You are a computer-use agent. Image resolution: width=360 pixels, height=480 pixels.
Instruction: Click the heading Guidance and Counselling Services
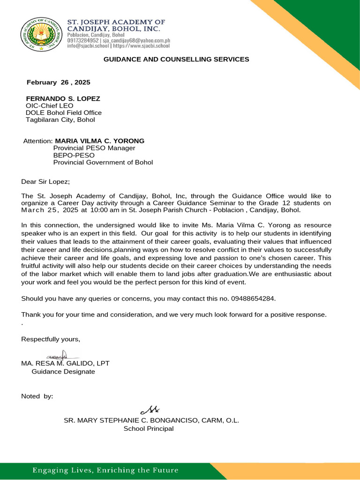176,60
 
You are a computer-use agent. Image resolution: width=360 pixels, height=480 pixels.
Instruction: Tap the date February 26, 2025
58,82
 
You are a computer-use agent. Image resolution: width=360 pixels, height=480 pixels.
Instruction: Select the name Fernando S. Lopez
63,99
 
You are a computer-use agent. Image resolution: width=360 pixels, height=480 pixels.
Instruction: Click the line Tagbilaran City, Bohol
60,120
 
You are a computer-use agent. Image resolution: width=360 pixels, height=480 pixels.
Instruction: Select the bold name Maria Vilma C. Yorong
100,141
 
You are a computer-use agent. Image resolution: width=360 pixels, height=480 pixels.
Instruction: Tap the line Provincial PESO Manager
94,148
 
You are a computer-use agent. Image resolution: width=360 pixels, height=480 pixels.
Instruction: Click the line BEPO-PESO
74,155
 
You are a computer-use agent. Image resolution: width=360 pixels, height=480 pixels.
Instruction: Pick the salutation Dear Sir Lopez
45,182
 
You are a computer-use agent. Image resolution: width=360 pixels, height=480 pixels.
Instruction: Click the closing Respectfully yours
51,339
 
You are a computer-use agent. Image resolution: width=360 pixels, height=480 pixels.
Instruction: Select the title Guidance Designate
63,371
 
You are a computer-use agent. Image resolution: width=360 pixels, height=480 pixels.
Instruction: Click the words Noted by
37,396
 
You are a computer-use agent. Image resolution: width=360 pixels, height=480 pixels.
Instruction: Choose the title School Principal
149,428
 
